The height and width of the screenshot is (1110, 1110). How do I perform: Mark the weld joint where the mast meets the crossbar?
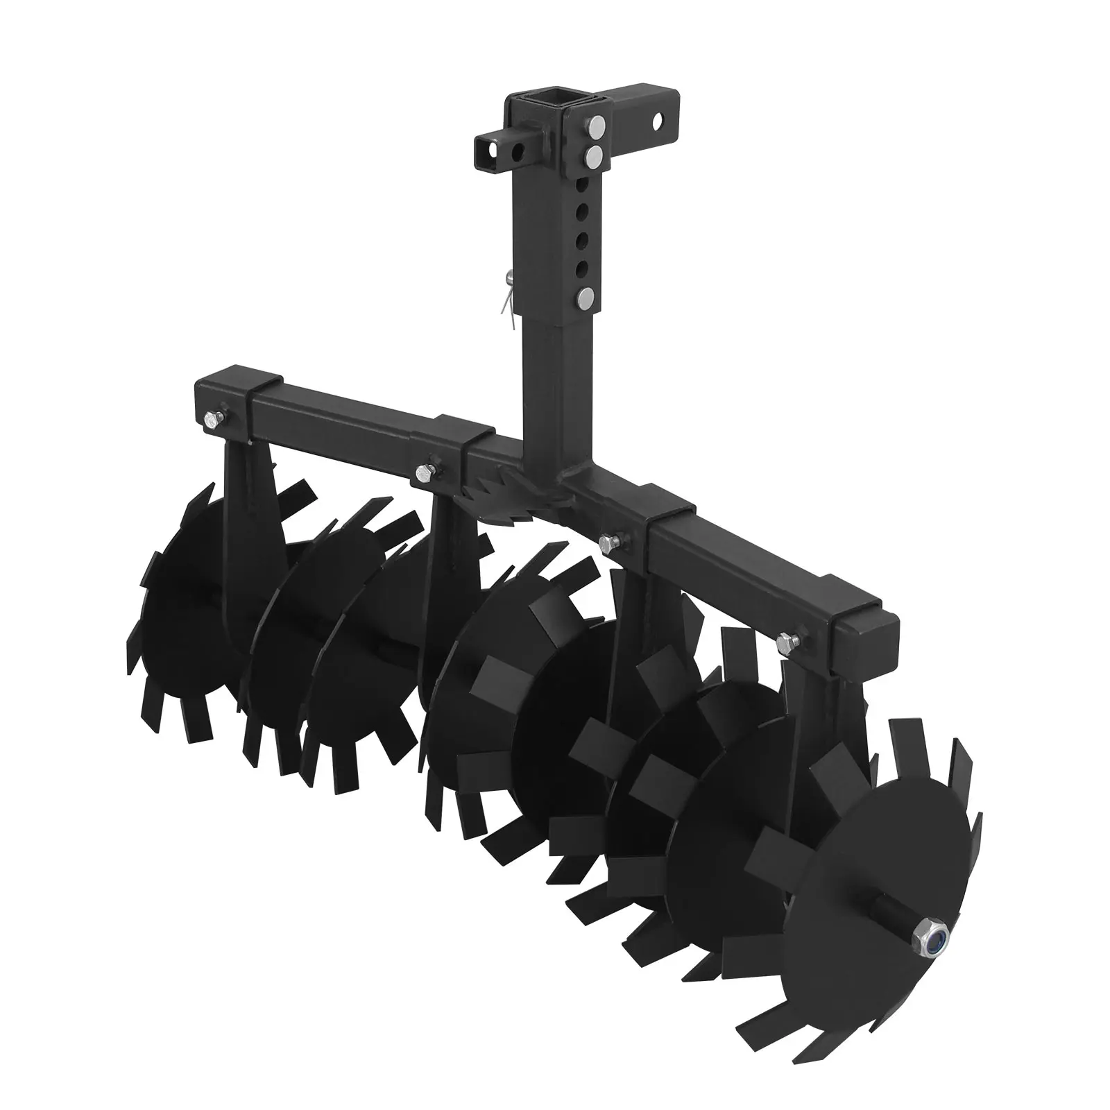click(x=555, y=479)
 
